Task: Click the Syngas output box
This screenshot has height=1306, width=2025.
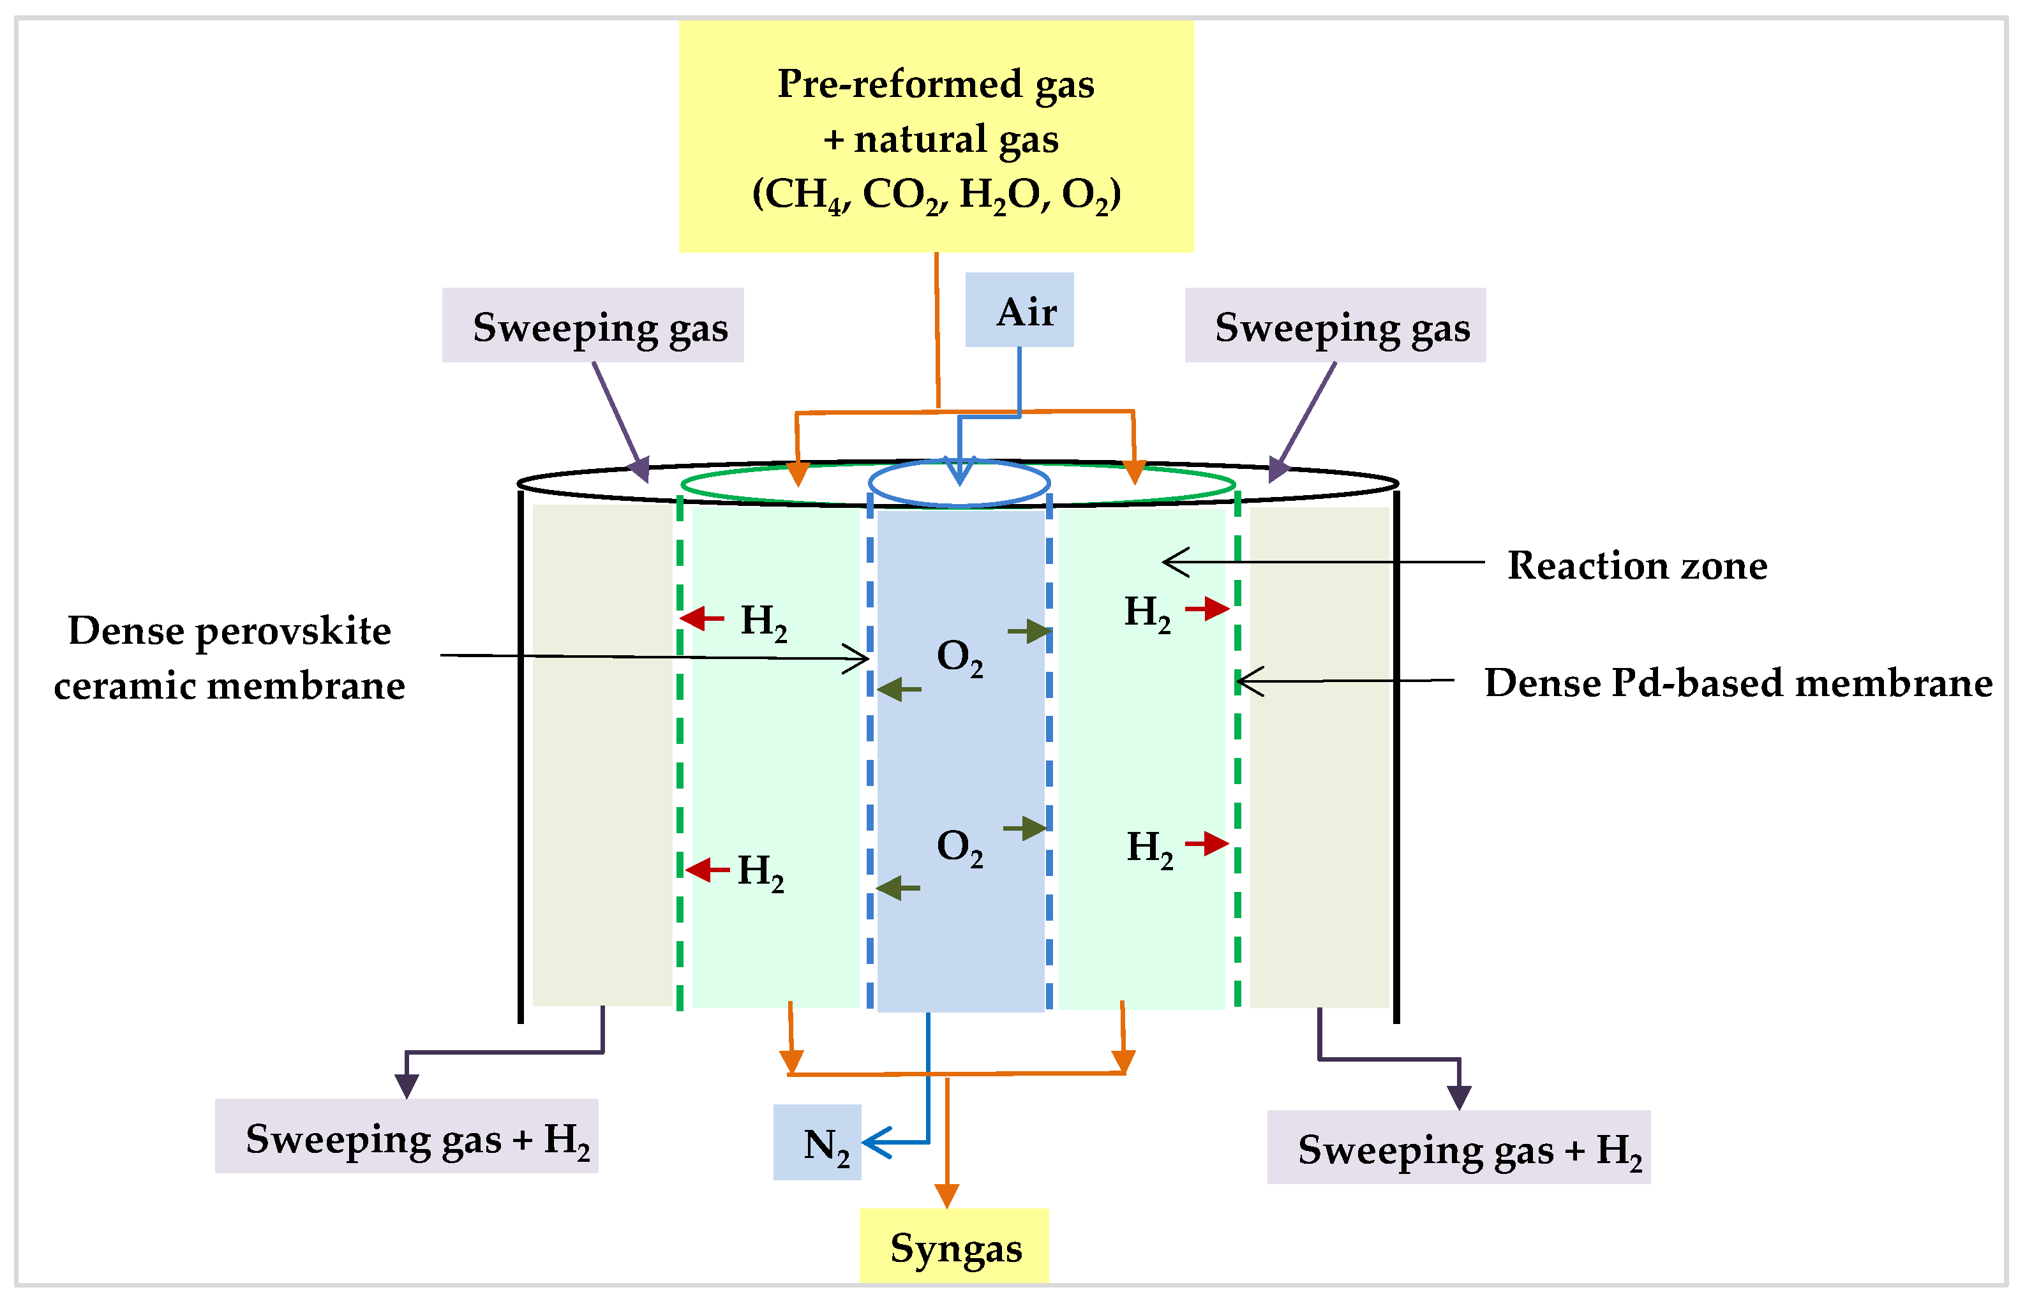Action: [x=954, y=1247]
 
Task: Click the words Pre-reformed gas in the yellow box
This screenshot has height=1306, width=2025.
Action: [x=936, y=83]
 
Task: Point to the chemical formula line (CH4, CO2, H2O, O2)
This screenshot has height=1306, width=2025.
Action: [x=936, y=194]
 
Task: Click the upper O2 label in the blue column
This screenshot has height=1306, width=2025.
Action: [x=959, y=657]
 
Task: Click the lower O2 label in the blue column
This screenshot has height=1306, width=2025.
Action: [x=959, y=847]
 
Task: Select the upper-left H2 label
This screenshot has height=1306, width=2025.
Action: [x=763, y=621]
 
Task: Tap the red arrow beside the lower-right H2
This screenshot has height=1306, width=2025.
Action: [x=1207, y=843]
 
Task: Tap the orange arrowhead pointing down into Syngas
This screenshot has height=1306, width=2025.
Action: [x=946, y=1195]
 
